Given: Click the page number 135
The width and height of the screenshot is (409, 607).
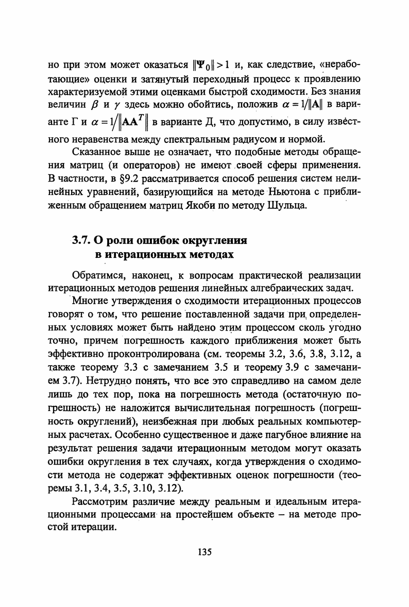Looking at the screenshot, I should coord(204,552).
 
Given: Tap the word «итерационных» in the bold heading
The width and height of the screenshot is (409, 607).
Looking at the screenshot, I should coord(140,254).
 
